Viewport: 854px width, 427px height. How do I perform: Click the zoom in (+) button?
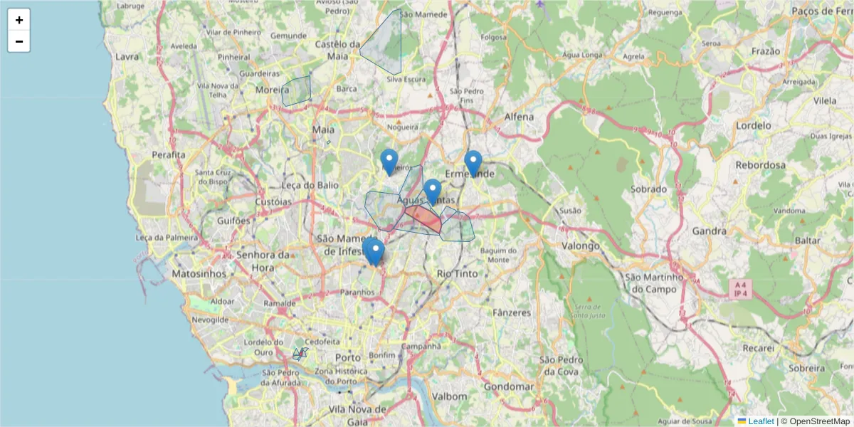point(19,20)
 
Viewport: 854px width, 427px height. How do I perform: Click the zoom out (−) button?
point(19,41)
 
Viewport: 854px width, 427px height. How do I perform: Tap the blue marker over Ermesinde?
point(473,163)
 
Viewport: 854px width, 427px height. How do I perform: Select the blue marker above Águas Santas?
point(433,191)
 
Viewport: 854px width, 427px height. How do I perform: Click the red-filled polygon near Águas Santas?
point(424,218)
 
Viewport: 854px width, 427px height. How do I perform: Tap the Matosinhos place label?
point(199,273)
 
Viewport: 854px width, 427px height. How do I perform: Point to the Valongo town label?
point(580,246)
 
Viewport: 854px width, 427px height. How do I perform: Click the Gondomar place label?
point(508,386)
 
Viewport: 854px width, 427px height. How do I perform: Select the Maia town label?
point(323,130)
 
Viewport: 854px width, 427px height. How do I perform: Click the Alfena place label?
point(518,116)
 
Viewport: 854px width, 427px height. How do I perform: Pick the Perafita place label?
point(169,154)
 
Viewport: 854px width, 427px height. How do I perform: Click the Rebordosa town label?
point(761,165)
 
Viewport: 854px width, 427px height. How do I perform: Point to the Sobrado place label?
point(649,189)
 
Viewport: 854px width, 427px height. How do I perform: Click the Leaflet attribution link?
point(761,421)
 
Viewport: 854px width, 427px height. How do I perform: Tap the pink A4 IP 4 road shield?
point(740,288)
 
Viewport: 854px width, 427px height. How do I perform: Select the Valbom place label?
point(450,396)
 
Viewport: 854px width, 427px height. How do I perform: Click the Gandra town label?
point(710,231)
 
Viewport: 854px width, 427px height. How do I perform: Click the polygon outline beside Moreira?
point(296,92)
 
